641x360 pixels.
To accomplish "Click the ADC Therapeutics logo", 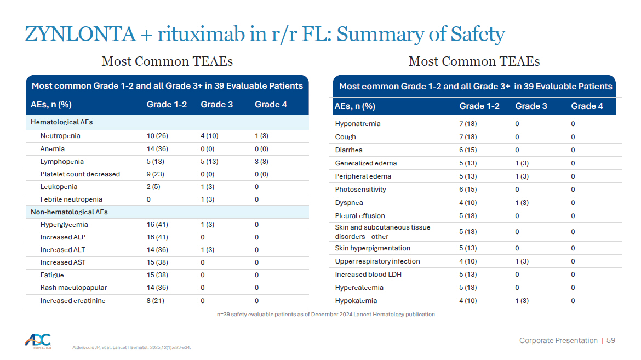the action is coord(38,341).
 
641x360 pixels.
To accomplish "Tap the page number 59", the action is coord(611,340).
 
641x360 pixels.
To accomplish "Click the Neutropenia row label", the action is coord(60,136).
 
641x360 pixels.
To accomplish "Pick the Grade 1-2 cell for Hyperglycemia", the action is coord(157,225).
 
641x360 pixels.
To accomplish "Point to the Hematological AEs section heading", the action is coord(62,122).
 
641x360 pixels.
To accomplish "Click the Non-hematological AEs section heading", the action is coord(69,212).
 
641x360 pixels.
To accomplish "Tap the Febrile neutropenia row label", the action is coord(71,199).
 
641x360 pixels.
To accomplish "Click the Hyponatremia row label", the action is coord(358,123).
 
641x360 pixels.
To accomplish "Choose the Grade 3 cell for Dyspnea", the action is coord(522,203).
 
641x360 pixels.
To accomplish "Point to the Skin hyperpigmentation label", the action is coord(373,248).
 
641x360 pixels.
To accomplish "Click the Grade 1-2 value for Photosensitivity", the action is coord(468,190).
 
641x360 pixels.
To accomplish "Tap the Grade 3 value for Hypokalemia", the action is coord(522,301).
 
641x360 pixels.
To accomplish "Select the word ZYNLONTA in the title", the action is coord(80,34).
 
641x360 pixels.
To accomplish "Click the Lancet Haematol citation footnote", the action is coord(131,348).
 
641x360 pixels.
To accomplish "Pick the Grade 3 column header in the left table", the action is coord(216,105).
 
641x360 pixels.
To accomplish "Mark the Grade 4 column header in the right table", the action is coord(587,106).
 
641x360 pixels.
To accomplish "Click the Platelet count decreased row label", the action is coord(80,174).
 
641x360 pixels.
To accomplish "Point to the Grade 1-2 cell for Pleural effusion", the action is coord(468,215).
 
